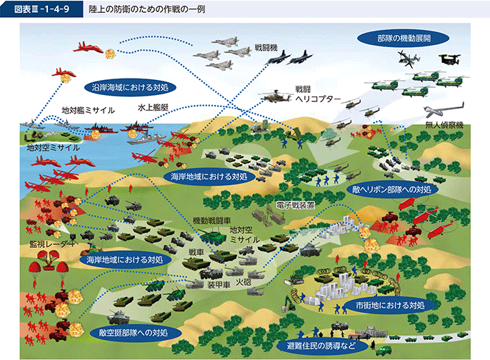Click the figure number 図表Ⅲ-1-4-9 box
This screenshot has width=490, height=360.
coord(41,9)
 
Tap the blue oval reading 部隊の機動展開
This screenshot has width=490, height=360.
coord(403,39)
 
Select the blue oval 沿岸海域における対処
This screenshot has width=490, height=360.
coord(130,87)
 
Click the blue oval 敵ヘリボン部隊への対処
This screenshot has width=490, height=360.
coord(392,189)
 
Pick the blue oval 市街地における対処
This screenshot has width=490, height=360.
coord(390,305)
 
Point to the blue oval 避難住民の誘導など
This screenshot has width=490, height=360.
coord(321,346)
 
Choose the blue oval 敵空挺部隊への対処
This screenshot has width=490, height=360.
coord(134,333)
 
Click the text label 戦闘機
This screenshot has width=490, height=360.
coord(266,48)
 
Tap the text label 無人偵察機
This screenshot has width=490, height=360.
coord(444,125)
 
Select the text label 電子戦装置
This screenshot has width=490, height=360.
coord(295,205)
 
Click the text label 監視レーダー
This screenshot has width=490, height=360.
coord(52,244)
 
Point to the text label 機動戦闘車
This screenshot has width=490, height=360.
coord(211,221)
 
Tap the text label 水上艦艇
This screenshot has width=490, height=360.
coord(153,108)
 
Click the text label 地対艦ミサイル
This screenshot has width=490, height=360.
coord(88,110)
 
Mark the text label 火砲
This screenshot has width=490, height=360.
coord(243,283)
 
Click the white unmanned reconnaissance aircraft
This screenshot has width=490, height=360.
coord(443,109)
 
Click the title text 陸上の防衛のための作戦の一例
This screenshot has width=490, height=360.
coord(147,9)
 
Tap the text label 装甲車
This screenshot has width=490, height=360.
coord(219,285)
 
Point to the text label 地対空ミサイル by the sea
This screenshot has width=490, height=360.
coord(53,147)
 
